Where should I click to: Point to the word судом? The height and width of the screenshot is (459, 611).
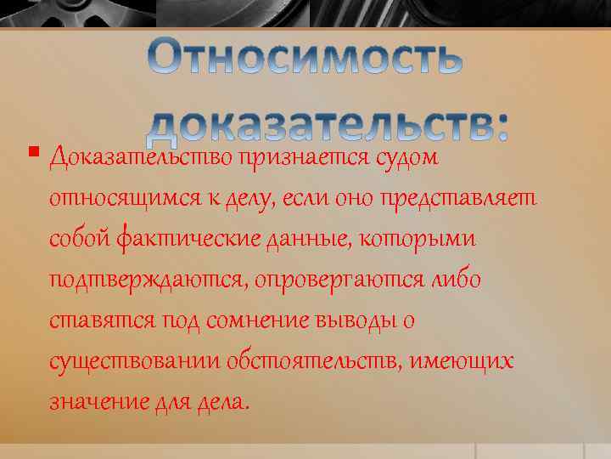pos(406,157)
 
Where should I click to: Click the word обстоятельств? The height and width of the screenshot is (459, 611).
pos(314,362)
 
